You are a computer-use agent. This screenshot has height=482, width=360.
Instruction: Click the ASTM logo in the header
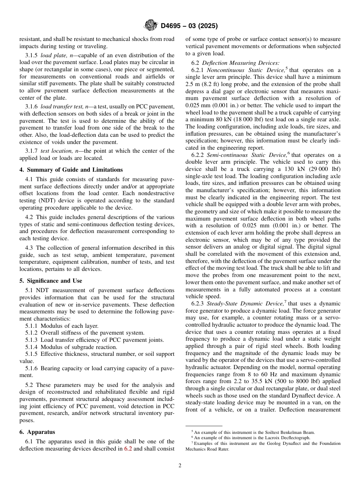click(x=151, y=26)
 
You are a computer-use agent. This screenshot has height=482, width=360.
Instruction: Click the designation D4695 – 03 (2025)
click(x=189, y=26)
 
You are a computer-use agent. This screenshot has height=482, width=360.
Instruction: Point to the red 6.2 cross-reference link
click(x=128, y=449)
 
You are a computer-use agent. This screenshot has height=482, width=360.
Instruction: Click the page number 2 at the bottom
click(x=180, y=466)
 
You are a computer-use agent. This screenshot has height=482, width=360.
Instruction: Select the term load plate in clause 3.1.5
click(x=53, y=55)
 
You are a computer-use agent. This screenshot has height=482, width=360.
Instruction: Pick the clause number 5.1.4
click(x=32, y=347)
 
